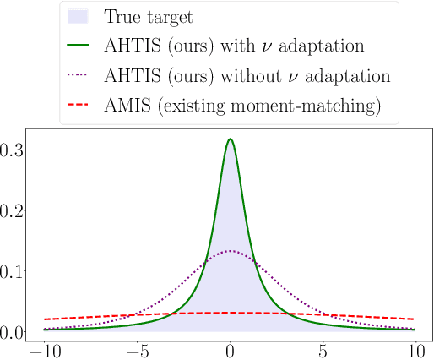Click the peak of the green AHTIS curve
[230, 139]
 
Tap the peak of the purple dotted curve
[230, 251]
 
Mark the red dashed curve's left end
[44, 319]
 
